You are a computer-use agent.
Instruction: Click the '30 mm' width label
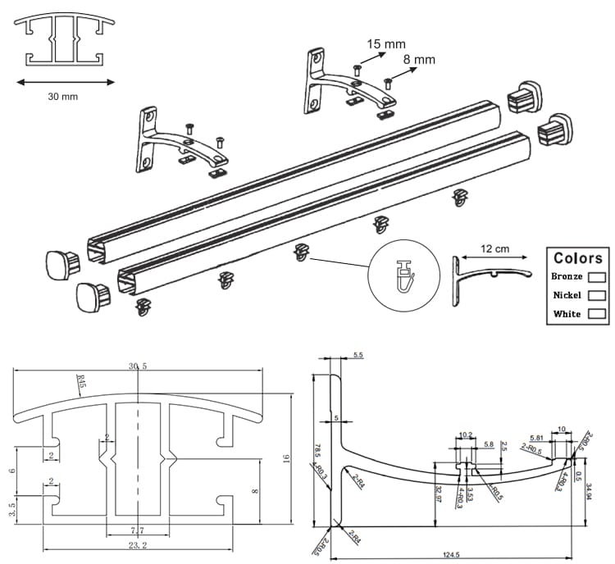63,97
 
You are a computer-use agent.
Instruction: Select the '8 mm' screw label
419,60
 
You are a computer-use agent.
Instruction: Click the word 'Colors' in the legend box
577,257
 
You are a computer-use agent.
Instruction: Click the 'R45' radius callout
80,380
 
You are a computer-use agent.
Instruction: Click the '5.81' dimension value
537,437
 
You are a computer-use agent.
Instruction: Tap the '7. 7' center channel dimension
137,530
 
